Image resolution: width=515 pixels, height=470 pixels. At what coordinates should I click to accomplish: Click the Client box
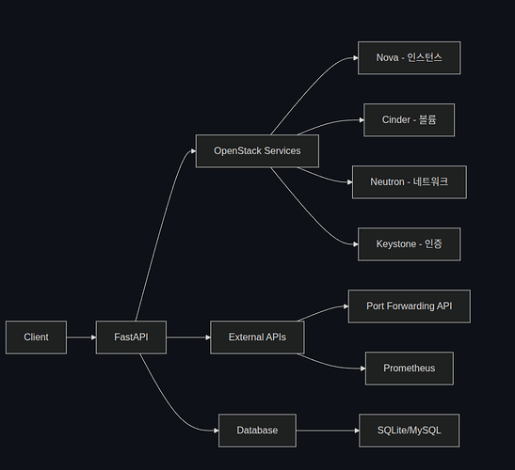[36, 337]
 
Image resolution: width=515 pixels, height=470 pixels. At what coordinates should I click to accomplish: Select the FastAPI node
[131, 337]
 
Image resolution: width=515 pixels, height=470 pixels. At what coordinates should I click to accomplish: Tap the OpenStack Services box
[257, 151]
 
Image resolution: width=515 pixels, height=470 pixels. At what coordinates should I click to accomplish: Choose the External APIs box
[257, 337]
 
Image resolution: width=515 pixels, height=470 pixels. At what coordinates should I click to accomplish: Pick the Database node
[257, 431]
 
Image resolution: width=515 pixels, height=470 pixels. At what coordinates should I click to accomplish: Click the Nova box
[410, 57]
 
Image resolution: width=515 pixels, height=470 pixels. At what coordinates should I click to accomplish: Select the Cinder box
[410, 120]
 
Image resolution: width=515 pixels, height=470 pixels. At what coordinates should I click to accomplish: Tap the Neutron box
[410, 182]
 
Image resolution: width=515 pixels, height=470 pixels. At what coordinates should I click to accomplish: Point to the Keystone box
[410, 244]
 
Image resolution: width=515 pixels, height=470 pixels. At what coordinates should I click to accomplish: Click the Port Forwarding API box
[410, 306]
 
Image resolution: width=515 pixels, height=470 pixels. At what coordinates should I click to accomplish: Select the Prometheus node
[410, 368]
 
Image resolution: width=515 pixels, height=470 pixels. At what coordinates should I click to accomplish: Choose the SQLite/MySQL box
[410, 431]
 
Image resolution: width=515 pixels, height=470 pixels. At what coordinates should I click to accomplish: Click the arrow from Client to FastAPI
[81, 337]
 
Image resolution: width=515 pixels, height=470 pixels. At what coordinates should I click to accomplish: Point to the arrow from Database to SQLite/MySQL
[328, 431]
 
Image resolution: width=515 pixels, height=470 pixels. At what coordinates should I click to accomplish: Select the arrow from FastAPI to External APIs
[188, 337]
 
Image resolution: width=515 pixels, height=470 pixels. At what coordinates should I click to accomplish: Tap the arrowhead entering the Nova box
[356, 57]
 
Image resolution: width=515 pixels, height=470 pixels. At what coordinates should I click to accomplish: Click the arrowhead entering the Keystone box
[356, 244]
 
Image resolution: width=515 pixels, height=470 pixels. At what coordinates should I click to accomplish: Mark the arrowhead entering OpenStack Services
[193, 151]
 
